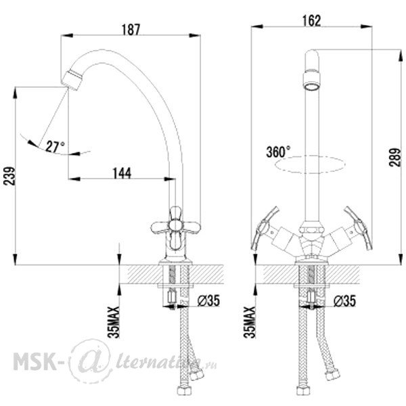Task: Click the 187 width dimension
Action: (x=131, y=30)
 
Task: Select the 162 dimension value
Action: (x=311, y=21)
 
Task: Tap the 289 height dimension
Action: (x=395, y=157)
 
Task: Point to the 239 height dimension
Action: (x=9, y=176)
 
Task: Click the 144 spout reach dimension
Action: (x=122, y=173)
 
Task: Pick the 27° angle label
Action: (x=55, y=147)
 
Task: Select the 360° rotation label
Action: (x=278, y=152)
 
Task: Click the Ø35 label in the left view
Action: (x=208, y=300)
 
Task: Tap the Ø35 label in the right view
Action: (x=344, y=300)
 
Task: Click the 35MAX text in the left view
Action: (x=114, y=322)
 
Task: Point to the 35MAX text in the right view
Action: (x=250, y=322)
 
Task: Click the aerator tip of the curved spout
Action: (x=72, y=80)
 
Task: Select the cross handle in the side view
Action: (x=176, y=228)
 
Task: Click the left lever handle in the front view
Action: (x=265, y=228)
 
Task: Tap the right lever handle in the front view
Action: (x=359, y=228)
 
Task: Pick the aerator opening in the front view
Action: (x=312, y=86)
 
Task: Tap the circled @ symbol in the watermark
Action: (x=91, y=361)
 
